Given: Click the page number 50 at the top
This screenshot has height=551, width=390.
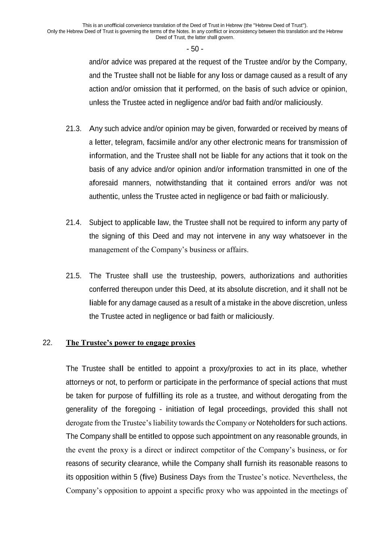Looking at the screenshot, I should pyautogui.click(x=195, y=49).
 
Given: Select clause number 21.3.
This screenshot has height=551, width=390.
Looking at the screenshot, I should pyautogui.click(x=74, y=129).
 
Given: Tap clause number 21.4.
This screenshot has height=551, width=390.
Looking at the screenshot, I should pyautogui.click(x=74, y=222).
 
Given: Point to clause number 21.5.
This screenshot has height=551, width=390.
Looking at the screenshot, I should pyautogui.click(x=74, y=276).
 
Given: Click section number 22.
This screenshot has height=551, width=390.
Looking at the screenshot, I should pyautogui.click(x=47, y=343).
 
